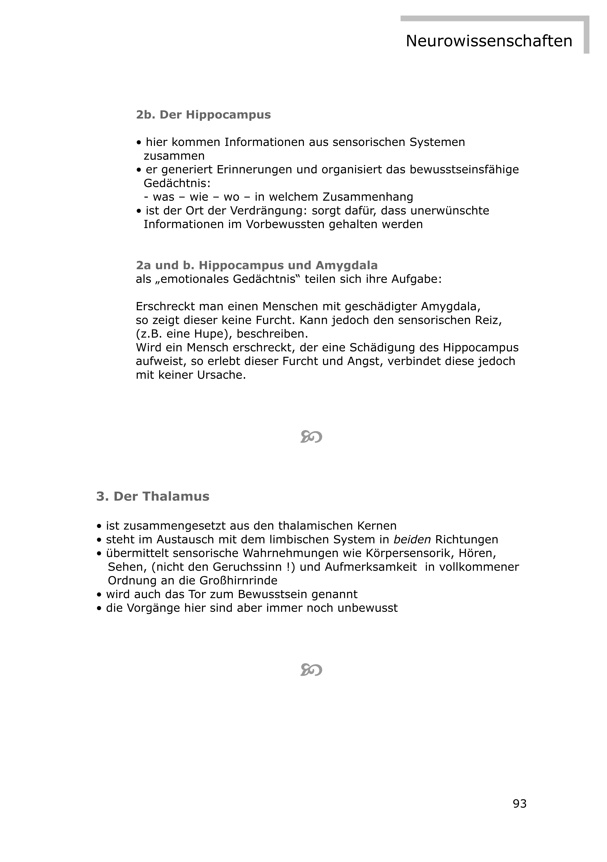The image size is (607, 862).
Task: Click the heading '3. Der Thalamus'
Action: click(153, 496)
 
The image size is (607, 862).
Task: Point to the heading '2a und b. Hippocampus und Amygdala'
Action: click(257, 265)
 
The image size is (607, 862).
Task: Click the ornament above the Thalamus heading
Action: click(311, 437)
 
